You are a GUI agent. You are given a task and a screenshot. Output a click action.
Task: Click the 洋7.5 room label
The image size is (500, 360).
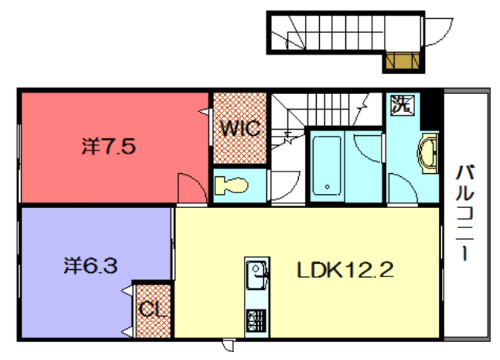(x=109, y=146)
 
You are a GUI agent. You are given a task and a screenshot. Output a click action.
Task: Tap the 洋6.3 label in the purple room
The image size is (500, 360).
(x=91, y=266)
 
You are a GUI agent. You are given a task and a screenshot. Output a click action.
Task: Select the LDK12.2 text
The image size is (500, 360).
(x=345, y=270)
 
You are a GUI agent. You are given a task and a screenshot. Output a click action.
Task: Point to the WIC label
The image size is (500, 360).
(x=240, y=128)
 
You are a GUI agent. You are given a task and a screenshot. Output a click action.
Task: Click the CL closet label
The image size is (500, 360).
(x=153, y=309)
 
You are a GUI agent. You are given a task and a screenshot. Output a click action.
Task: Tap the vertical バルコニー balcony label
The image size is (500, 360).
(x=465, y=212)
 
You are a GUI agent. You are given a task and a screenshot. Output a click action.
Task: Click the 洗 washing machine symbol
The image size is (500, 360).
(x=403, y=104)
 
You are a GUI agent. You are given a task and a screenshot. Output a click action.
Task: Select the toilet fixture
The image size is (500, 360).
(x=231, y=185)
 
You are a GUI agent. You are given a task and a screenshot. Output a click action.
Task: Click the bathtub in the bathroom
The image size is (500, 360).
(x=327, y=166)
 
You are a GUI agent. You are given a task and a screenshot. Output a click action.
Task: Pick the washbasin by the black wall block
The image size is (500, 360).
(x=428, y=153)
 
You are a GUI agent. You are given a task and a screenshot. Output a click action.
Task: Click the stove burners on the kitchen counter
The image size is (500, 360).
(x=256, y=320)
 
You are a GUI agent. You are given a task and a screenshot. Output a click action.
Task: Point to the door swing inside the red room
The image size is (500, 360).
(x=192, y=188)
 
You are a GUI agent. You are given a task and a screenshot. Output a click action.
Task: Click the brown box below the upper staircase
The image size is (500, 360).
(x=403, y=61)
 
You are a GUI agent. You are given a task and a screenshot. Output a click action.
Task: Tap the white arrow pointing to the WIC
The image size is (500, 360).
(x=204, y=112)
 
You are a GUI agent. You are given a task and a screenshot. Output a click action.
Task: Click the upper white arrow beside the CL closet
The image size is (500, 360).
(x=126, y=291)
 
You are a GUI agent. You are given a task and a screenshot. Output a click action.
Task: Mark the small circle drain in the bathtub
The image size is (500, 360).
(x=327, y=187)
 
